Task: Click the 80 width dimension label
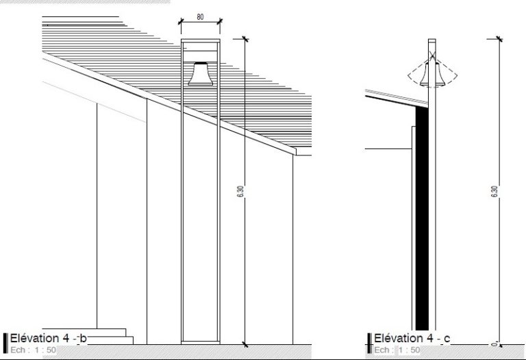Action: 200,16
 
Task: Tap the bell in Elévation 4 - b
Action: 200,73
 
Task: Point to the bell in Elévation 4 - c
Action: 432,73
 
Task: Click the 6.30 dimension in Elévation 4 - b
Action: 241,192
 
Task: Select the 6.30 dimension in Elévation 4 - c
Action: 494,192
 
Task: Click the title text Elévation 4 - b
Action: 49,339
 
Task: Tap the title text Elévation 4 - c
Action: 412,339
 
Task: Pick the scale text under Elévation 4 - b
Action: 33,350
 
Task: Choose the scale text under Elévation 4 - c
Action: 397,350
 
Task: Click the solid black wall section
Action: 422,218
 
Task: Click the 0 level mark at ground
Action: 494,344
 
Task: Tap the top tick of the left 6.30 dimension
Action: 245,39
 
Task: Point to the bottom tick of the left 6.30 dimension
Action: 245,344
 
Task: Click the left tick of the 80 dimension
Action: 181,22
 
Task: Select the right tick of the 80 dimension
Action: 220,22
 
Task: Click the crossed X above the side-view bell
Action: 432,55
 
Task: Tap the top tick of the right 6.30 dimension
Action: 499,39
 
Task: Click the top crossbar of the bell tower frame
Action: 201,40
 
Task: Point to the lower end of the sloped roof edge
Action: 296,151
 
